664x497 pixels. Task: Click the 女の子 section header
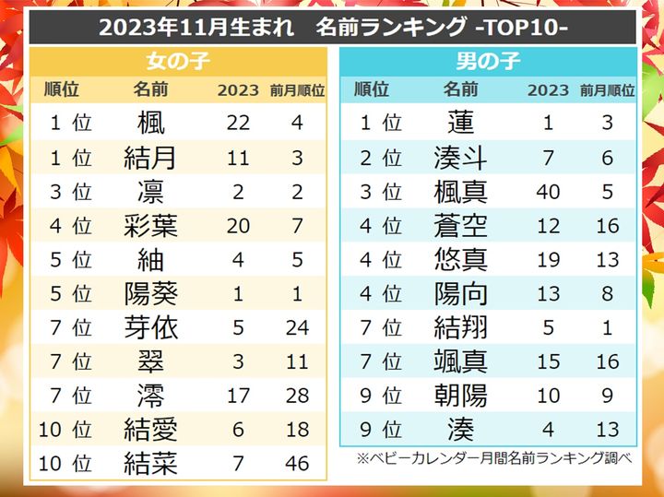click(x=177, y=63)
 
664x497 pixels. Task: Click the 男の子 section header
click(x=488, y=63)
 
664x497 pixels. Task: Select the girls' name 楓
click(x=150, y=123)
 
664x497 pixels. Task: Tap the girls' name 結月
click(x=150, y=157)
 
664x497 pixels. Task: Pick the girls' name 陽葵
click(x=150, y=294)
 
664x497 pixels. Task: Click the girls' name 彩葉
click(x=150, y=226)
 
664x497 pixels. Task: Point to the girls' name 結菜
click(x=150, y=463)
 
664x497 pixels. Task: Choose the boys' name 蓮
click(x=460, y=123)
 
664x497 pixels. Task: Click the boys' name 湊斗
click(x=460, y=157)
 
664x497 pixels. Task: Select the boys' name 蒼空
click(x=460, y=226)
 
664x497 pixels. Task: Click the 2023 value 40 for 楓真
click(x=548, y=192)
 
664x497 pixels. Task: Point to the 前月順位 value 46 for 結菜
click(x=297, y=463)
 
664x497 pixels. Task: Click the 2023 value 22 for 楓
click(x=238, y=123)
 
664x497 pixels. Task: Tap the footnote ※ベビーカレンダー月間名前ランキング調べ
click(x=497, y=458)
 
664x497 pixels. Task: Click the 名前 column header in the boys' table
click(x=460, y=90)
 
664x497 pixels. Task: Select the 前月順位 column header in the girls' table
click(x=297, y=90)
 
